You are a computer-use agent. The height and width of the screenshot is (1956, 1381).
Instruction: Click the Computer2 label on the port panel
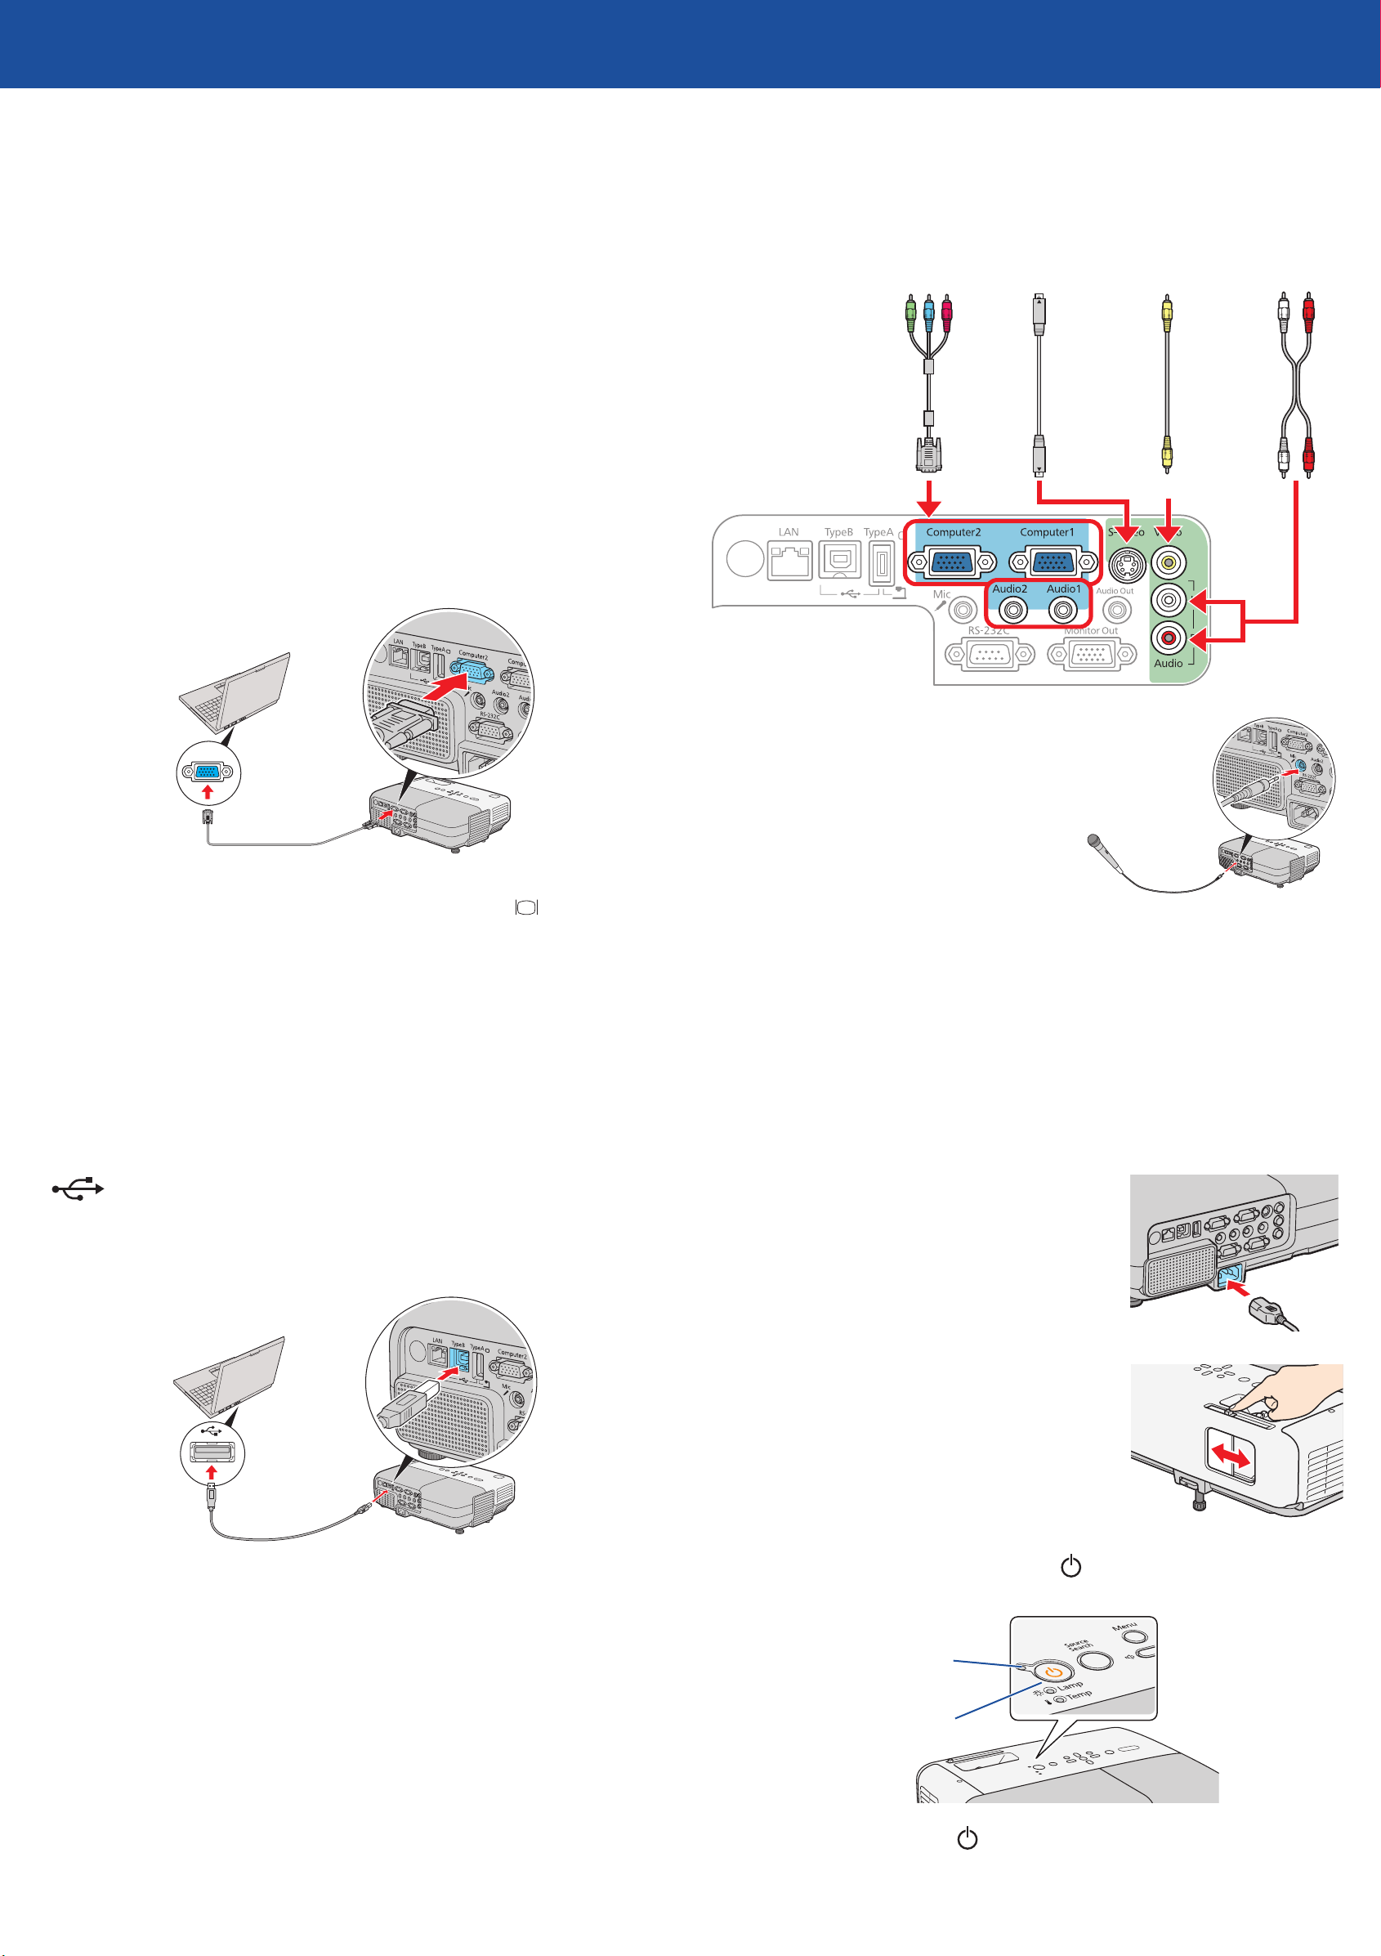(954, 532)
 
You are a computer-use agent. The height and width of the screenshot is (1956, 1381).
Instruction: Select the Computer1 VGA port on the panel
(1054, 563)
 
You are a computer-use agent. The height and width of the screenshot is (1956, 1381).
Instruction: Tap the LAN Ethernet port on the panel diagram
(789, 562)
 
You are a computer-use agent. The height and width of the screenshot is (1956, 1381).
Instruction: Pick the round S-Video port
(1127, 564)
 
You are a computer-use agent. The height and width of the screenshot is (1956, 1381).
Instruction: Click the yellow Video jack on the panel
(1168, 562)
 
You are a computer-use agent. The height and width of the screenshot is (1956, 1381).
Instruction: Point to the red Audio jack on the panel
(1168, 637)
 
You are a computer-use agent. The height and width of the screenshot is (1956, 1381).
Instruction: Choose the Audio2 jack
(1012, 610)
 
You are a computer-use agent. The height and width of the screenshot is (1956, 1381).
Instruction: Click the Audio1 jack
(1062, 610)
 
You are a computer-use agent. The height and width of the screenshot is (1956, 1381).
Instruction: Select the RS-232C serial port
(989, 654)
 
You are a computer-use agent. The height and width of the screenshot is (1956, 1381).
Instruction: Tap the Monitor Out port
(1092, 654)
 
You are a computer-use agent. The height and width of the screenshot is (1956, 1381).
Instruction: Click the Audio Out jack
(1117, 610)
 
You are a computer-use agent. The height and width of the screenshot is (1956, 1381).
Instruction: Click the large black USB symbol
(78, 1188)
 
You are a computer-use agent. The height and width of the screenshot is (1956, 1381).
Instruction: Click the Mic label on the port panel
(941, 594)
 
